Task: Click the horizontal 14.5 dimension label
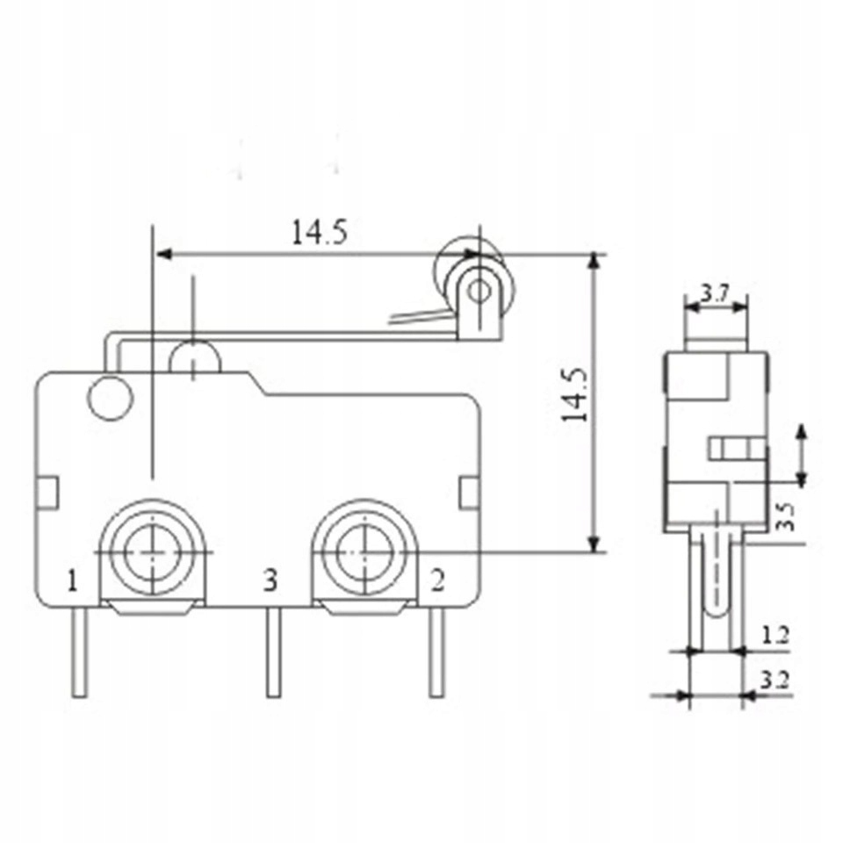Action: click(320, 232)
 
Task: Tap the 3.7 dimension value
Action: click(715, 293)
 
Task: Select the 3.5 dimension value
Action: click(785, 516)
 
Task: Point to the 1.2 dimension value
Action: click(775, 636)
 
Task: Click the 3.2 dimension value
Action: click(775, 681)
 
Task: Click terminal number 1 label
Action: click(73, 581)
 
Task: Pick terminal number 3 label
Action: click(270, 581)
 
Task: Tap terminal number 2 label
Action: click(438, 581)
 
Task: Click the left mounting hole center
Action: click(153, 551)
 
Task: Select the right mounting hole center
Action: click(364, 551)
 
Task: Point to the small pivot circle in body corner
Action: click(111, 399)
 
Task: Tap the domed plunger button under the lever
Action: click(195, 356)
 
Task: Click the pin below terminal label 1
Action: click(80, 652)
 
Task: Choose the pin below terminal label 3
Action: click(274, 652)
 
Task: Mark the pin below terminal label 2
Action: click(436, 652)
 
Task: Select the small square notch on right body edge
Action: click(469, 493)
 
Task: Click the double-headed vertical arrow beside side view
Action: click(802, 456)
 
